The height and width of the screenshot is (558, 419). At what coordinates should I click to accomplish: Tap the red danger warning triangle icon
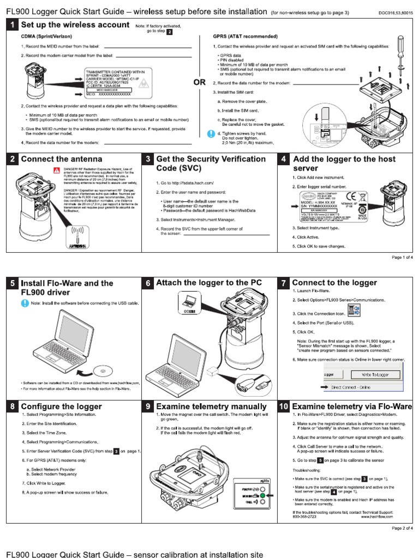(x=56, y=171)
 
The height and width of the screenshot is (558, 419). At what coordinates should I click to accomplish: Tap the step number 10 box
(x=284, y=407)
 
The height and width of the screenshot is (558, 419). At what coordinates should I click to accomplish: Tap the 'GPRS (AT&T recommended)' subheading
(x=243, y=37)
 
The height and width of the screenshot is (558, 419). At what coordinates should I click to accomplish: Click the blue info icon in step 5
(x=25, y=302)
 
